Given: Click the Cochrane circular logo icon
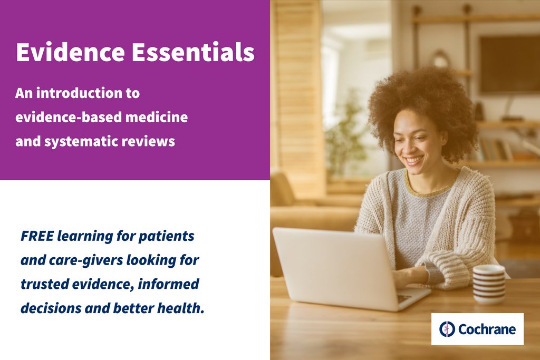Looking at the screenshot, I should click(x=447, y=329).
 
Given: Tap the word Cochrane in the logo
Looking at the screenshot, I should click(x=486, y=329).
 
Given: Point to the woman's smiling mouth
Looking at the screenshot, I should click(x=414, y=159).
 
